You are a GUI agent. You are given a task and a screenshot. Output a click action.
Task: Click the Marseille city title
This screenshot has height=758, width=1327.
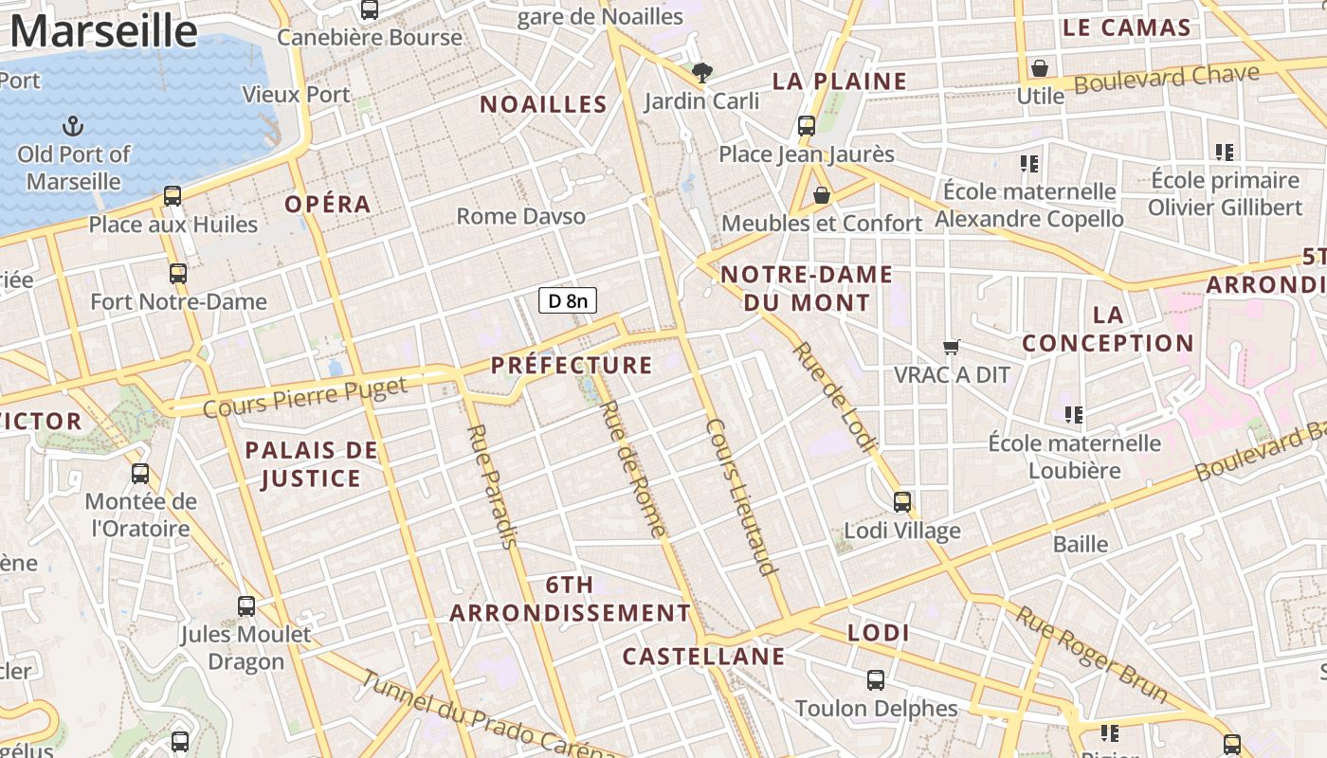coord(103,30)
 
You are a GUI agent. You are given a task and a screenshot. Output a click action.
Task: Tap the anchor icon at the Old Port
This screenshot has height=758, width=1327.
coord(73,126)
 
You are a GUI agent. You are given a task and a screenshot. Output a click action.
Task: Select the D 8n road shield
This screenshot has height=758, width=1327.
coord(568,301)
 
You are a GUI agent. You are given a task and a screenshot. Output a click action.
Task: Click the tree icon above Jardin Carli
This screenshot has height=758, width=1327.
coord(701,72)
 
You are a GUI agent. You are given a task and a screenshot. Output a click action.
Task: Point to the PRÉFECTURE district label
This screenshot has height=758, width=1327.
coord(572,365)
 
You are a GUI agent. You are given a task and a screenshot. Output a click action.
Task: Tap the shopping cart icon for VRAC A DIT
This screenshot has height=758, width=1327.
coord(952,348)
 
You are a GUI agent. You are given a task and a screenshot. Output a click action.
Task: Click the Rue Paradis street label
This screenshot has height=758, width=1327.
coord(493,486)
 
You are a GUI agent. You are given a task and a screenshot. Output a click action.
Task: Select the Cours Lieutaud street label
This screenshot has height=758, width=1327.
coord(742,496)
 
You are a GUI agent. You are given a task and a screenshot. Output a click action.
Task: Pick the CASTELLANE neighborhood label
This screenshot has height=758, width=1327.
coord(703,656)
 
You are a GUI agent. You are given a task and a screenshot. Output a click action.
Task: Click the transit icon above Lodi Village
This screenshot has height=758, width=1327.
coord(902,502)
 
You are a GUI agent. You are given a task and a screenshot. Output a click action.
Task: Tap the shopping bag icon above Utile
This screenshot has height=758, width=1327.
coord(1040,68)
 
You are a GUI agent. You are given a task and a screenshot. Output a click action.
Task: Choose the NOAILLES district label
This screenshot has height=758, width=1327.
coord(543,104)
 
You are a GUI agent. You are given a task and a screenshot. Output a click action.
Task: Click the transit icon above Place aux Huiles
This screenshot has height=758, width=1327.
coord(173,196)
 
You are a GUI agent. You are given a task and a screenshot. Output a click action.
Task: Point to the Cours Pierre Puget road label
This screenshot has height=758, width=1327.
coord(305,397)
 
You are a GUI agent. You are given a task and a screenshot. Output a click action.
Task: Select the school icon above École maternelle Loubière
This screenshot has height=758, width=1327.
coord(1074,414)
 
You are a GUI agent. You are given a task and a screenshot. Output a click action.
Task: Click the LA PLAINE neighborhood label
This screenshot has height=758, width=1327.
coord(840,81)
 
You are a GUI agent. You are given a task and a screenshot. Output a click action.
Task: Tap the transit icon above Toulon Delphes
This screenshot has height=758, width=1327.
coord(876,679)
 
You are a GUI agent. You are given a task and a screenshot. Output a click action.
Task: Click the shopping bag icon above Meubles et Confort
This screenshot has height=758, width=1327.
coord(822,195)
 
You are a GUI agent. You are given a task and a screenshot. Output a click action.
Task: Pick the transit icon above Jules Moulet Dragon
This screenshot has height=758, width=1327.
coord(246,605)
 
